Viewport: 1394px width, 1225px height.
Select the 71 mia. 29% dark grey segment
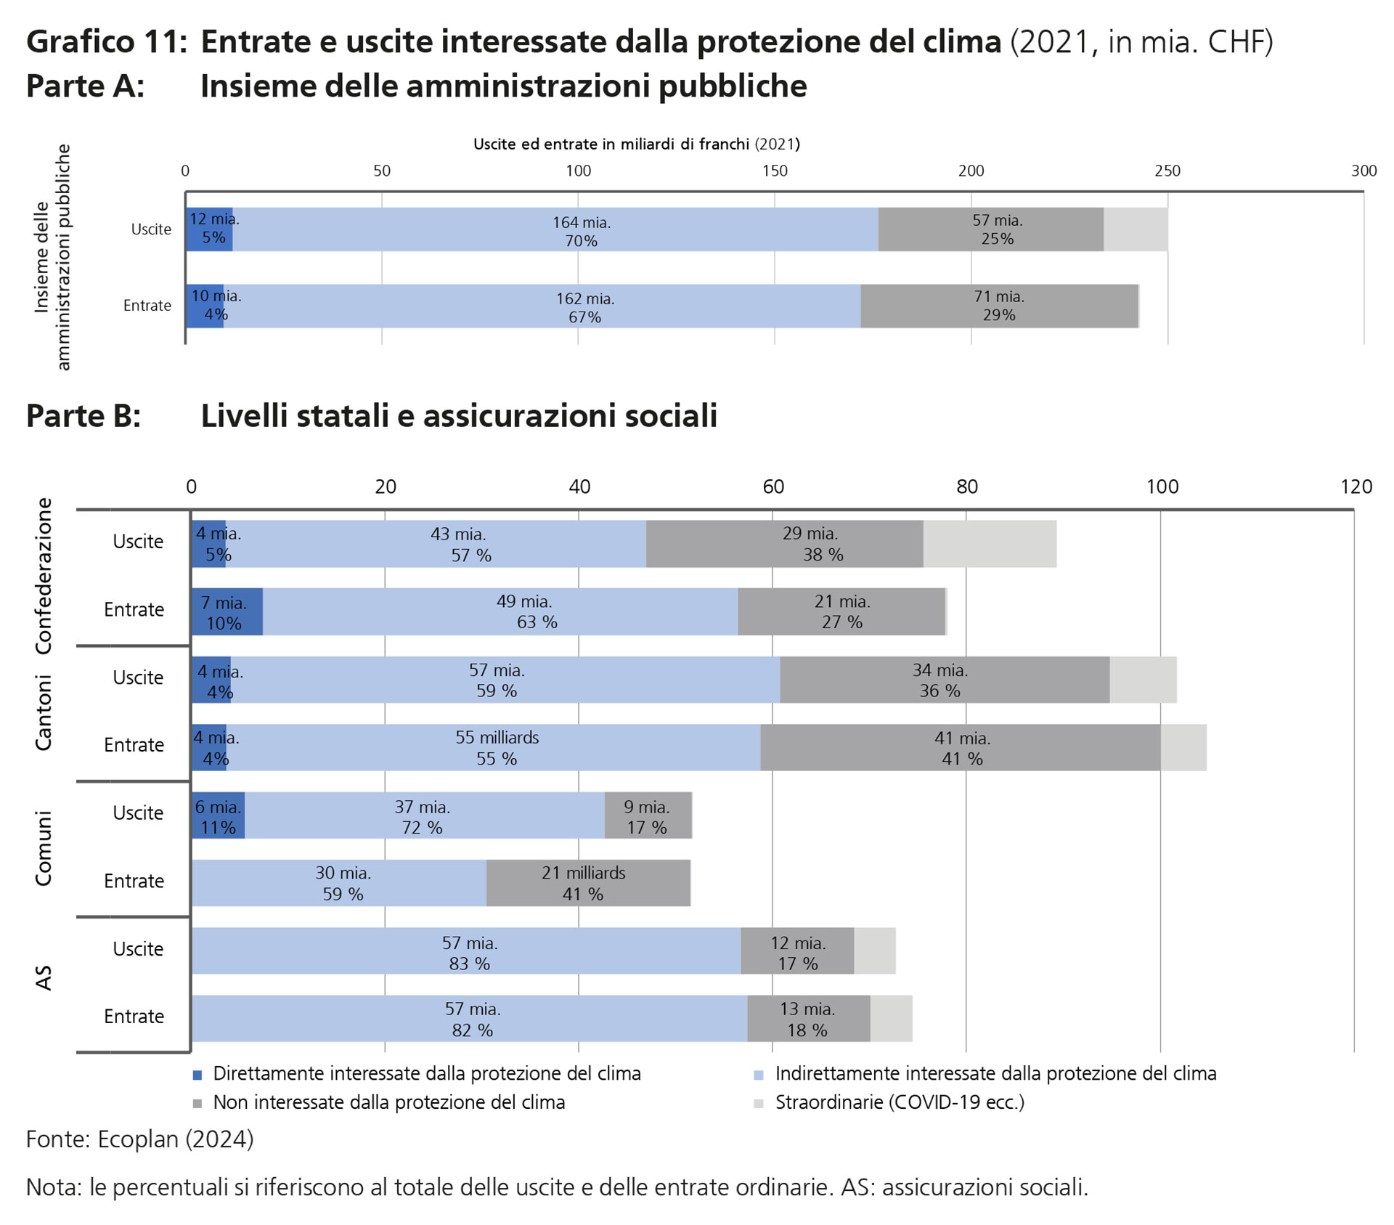[999, 306]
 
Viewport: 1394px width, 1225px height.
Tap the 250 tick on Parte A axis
[1167, 171]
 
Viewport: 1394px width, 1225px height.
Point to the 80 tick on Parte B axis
[966, 487]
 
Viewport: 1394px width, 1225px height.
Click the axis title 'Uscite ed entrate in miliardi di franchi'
[636, 144]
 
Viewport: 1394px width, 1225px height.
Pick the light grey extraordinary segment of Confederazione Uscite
[989, 544]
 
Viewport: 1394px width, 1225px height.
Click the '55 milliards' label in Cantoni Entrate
[497, 738]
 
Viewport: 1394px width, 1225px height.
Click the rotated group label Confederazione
[44, 577]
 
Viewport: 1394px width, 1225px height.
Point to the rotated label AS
[44, 977]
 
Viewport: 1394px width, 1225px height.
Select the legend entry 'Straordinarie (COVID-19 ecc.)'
[899, 1102]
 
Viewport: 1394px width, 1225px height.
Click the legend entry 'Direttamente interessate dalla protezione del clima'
[426, 1073]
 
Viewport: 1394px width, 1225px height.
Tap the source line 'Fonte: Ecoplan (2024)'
[140, 1139]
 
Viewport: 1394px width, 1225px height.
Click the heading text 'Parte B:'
[83, 416]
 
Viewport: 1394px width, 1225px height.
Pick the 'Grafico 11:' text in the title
[107, 42]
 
